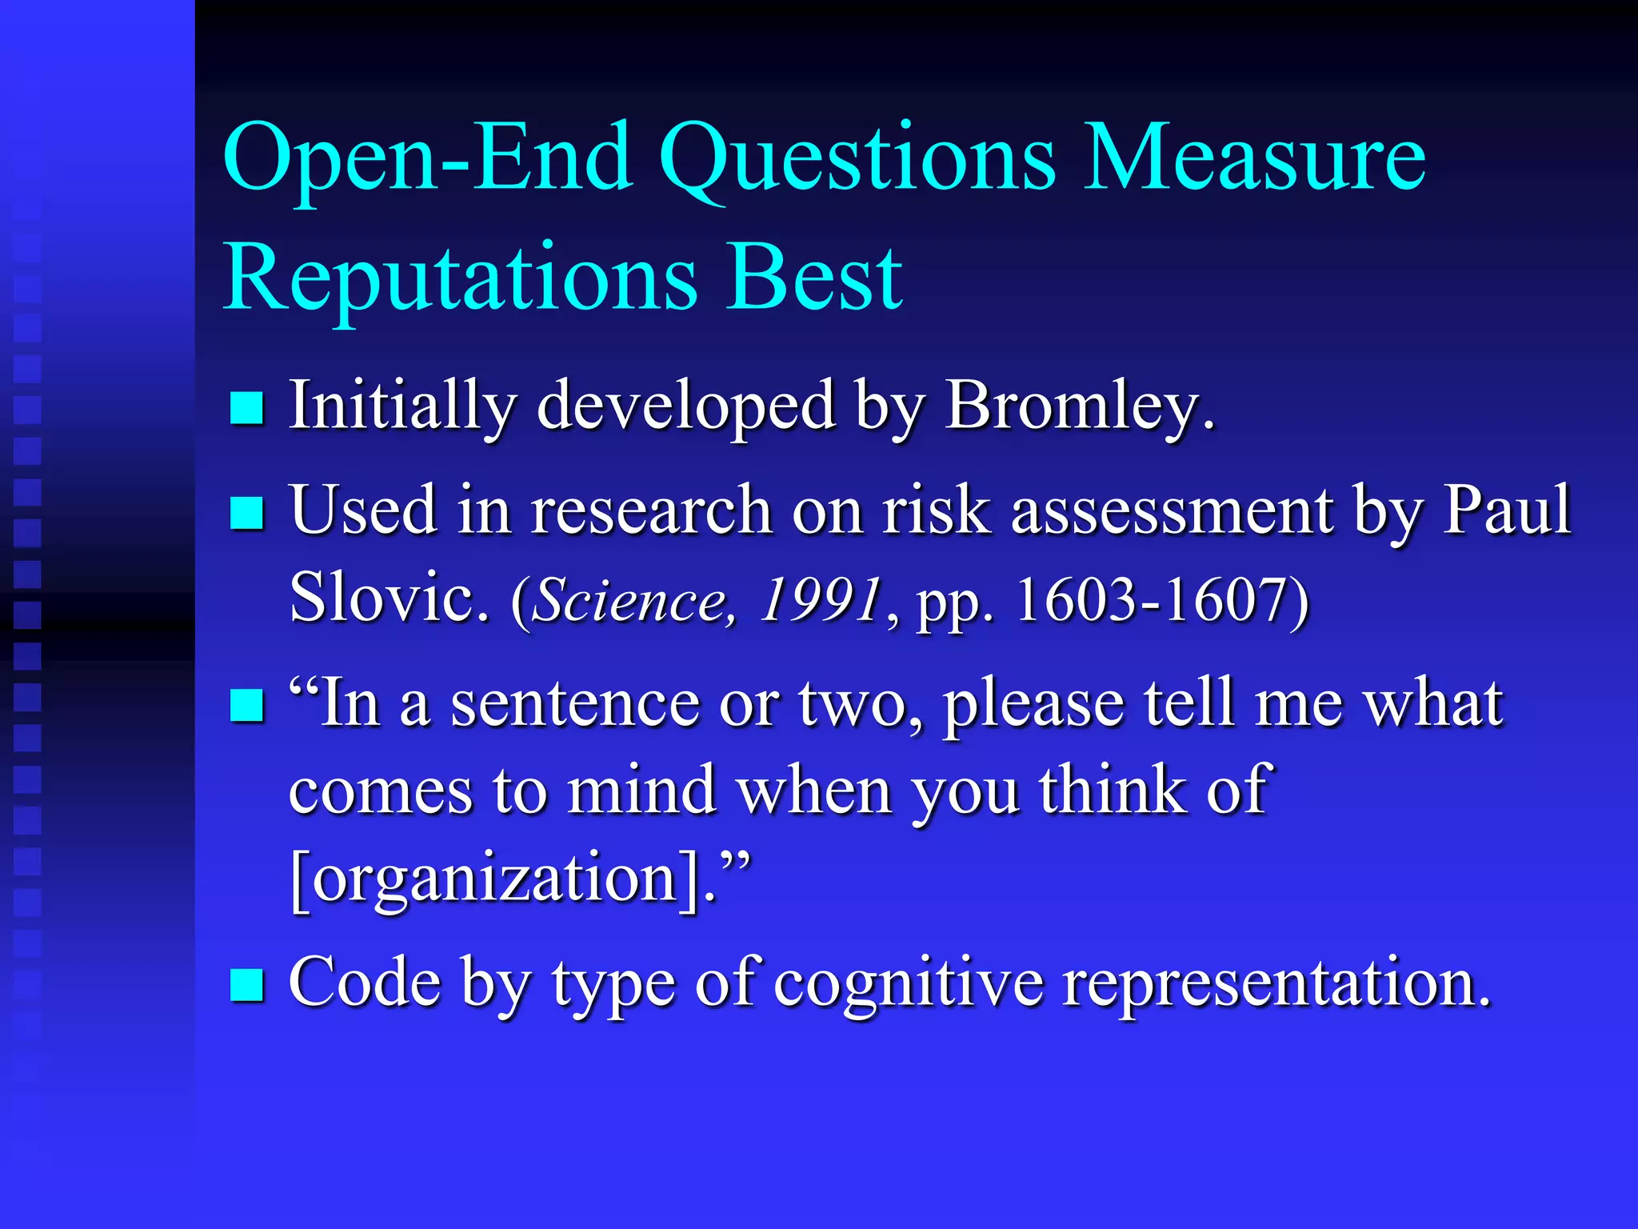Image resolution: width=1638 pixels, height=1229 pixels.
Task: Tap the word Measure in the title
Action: click(x=1253, y=158)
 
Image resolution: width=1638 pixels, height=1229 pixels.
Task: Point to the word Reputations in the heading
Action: click(x=460, y=278)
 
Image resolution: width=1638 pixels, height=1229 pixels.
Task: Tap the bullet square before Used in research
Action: click(x=247, y=513)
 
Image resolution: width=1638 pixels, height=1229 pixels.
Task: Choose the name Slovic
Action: click(x=389, y=598)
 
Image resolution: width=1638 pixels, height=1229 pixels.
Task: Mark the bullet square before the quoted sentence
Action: click(x=247, y=706)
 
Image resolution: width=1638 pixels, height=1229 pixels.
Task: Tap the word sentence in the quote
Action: click(x=575, y=704)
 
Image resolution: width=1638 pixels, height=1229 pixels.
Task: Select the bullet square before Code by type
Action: click(x=247, y=985)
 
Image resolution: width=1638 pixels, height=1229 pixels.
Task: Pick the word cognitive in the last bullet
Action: click(x=909, y=983)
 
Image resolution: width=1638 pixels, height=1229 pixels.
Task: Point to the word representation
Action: click(x=1276, y=983)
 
